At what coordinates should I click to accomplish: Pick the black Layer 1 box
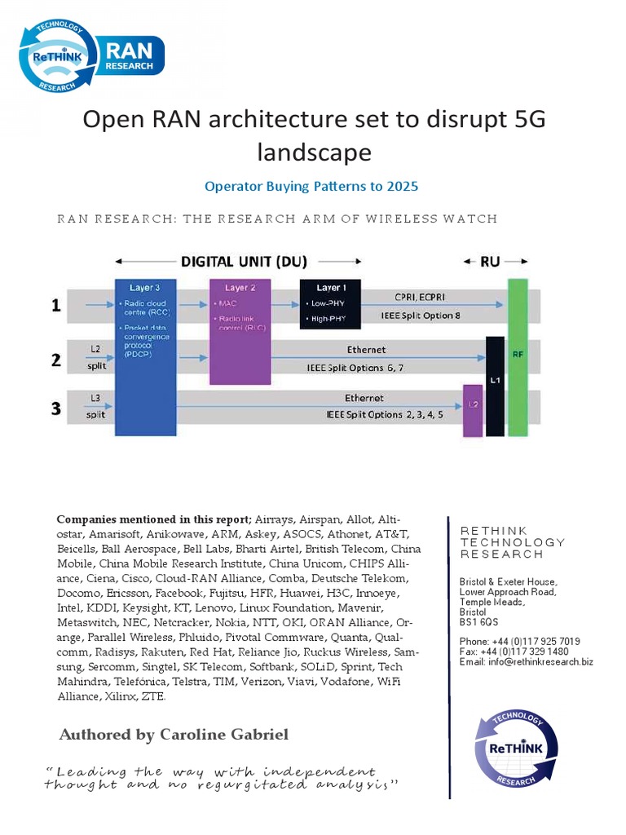(x=329, y=304)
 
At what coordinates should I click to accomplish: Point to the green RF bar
(x=518, y=356)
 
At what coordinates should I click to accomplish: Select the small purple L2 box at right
(x=472, y=411)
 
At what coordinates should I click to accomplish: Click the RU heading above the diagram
(x=491, y=262)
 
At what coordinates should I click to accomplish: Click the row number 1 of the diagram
(x=56, y=306)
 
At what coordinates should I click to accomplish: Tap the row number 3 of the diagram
(x=56, y=408)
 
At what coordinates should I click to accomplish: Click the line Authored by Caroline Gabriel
(x=174, y=735)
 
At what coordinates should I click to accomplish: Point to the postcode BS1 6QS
(x=478, y=621)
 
